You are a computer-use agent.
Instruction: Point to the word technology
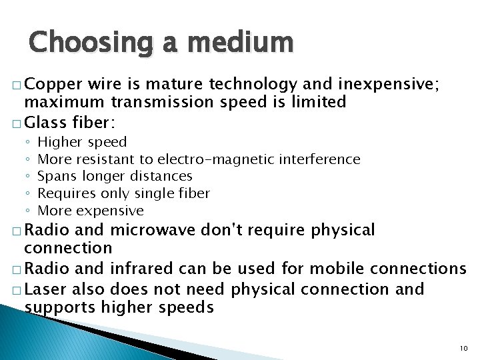point(253,84)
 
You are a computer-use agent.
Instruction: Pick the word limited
point(316,101)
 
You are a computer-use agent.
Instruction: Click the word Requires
point(66,194)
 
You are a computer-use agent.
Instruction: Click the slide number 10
point(465,349)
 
